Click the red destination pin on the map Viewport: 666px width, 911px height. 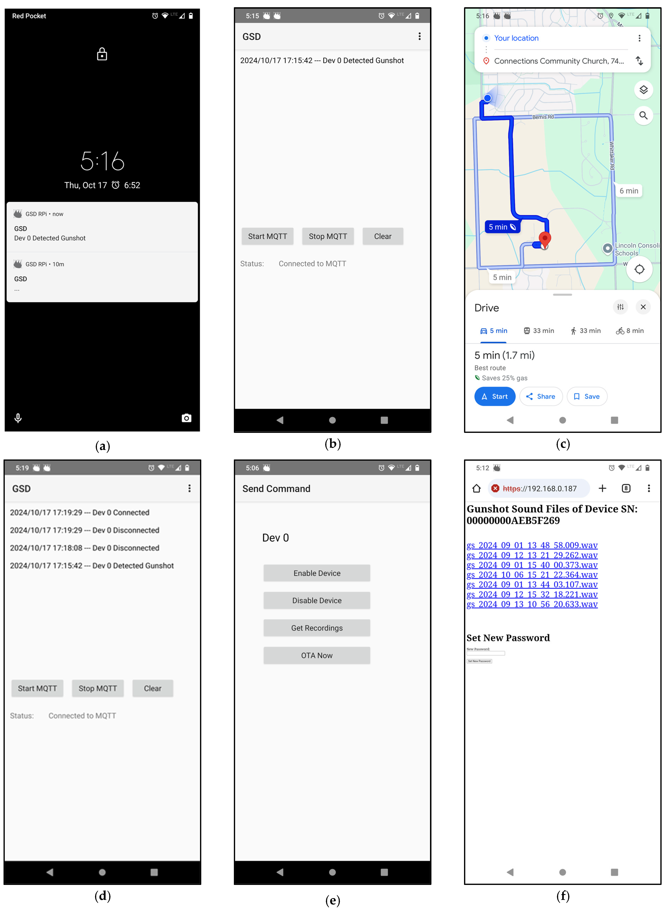[545, 239]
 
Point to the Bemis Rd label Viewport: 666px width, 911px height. [543, 117]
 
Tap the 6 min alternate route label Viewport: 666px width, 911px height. [628, 191]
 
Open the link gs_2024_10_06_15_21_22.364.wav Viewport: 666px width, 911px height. [532, 574]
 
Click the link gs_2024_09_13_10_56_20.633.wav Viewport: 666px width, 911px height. [532, 604]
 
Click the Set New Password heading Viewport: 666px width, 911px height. [508, 638]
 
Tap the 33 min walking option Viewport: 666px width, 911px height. [585, 330]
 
